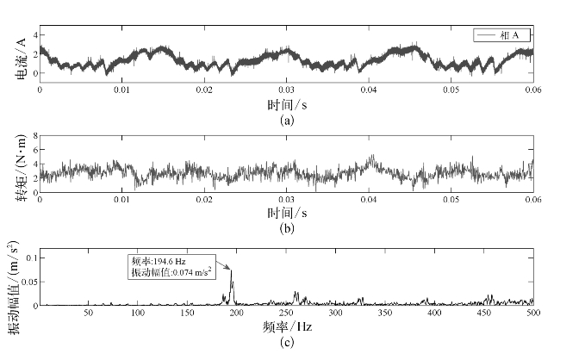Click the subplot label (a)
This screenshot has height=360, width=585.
pyautogui.click(x=287, y=121)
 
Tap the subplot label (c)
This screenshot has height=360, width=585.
pyautogui.click(x=287, y=344)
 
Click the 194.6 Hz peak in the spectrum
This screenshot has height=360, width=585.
pyautogui.click(x=230, y=271)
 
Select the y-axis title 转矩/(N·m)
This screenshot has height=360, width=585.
pyautogui.click(x=18, y=164)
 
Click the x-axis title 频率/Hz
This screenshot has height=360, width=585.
pyautogui.click(x=286, y=327)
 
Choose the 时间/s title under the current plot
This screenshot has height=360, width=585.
pyautogui.click(x=286, y=104)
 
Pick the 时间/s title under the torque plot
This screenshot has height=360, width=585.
pyautogui.click(x=286, y=212)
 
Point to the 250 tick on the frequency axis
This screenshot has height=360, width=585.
pyautogui.click(x=286, y=313)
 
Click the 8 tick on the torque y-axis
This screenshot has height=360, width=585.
pyautogui.click(x=33, y=137)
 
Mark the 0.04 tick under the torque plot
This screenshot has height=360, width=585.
pyautogui.click(x=368, y=198)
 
